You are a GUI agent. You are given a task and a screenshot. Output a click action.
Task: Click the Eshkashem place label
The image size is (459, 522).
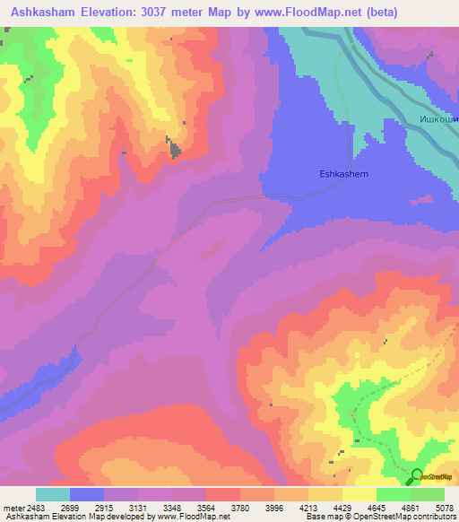(x=344, y=175)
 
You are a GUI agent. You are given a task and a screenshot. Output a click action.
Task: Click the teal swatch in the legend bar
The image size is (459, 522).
(x=53, y=494)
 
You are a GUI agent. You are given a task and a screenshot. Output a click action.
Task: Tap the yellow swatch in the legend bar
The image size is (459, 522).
(x=359, y=494)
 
